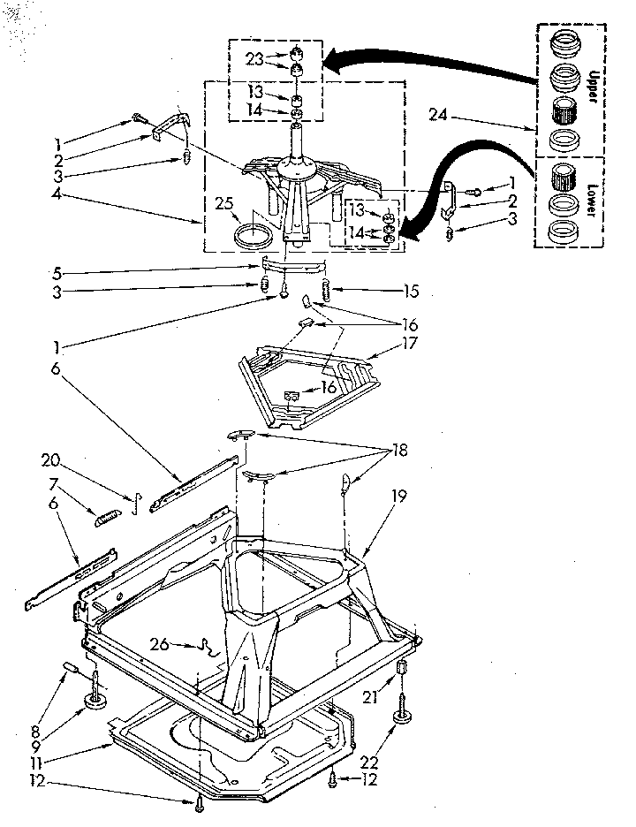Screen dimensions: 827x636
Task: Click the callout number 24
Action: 437,113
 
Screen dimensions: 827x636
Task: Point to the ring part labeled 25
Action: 254,237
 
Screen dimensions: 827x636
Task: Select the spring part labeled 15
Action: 327,289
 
